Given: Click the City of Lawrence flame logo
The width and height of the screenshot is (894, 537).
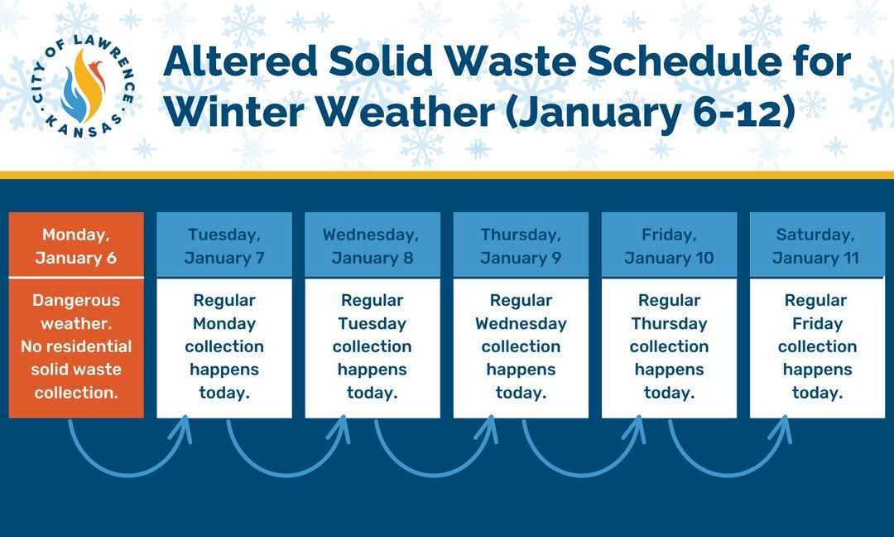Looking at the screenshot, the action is coord(84,86).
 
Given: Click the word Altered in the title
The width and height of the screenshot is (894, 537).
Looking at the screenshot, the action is coord(240,61).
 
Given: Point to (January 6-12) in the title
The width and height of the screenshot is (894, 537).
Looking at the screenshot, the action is coord(650,112).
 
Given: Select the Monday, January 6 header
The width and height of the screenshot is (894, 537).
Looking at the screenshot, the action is coord(76,245).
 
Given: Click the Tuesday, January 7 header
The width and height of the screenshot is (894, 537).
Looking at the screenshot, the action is coord(224,245).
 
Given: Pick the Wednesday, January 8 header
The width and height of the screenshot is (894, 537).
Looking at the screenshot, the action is coord(372,245).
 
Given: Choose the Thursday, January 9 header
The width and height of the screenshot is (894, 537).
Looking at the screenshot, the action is coord(521,245).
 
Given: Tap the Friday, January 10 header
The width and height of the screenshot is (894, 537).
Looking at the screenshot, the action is coord(669,245).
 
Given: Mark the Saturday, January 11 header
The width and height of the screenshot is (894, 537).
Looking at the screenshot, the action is coord(817,245).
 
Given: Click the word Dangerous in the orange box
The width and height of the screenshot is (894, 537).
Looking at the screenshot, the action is coord(76,301).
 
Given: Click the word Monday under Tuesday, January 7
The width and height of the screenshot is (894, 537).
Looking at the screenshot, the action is coord(224,323).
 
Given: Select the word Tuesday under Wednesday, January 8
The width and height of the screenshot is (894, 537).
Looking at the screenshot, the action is coord(372,323).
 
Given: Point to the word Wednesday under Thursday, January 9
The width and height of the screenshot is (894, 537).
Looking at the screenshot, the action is coord(521,323).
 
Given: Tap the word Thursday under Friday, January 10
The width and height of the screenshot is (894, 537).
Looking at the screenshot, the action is coord(670,323).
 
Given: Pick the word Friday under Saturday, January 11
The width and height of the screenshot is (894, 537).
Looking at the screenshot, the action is coord(818,323).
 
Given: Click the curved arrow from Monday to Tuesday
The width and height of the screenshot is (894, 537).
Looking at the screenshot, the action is coord(129,474).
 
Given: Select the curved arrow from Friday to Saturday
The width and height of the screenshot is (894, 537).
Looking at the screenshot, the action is coord(730,474).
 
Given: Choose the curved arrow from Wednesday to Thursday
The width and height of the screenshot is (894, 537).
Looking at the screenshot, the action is coord(435,474).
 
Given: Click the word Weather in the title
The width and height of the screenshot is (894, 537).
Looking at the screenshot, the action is coord(406,111).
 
